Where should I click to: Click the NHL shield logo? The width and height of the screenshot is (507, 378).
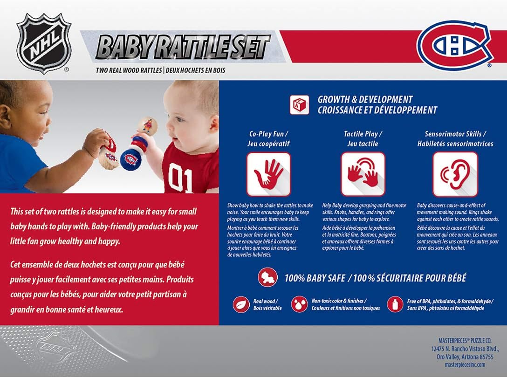tap(44, 43)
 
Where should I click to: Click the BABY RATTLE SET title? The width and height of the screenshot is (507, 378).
tap(183, 47)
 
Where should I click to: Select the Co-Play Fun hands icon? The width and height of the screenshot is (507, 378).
tap(268, 174)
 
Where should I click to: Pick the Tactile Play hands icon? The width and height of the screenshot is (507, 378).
tap(363, 174)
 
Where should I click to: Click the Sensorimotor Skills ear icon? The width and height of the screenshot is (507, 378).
tap(455, 174)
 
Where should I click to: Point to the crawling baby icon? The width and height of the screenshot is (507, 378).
tap(268, 278)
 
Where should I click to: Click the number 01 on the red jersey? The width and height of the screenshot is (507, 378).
tap(180, 178)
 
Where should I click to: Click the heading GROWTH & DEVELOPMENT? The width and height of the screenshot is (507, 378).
tap(365, 99)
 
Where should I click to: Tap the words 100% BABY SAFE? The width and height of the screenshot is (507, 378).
tap(314, 278)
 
